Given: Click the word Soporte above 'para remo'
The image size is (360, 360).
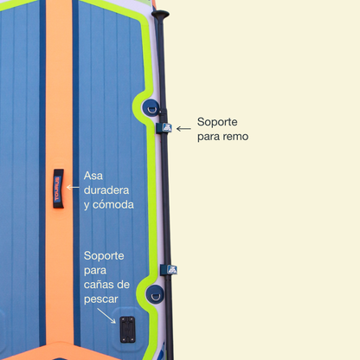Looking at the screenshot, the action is (217, 122).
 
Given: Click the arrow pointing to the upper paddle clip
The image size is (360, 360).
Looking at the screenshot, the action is (183, 129).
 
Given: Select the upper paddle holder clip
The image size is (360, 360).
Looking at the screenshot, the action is (164, 127).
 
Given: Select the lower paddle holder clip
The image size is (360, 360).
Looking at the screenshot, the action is (169, 270).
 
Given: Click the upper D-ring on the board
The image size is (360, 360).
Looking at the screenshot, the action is (151, 108).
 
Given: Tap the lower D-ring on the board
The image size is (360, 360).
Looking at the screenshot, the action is (155, 294).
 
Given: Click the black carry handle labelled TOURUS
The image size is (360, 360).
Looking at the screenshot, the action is (58, 189).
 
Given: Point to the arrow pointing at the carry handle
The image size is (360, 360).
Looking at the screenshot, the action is (73, 188).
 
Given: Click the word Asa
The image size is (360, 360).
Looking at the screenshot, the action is (93, 176).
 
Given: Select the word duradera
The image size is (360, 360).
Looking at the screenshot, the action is (106, 190).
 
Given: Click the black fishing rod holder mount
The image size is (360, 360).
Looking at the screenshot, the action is (127, 330).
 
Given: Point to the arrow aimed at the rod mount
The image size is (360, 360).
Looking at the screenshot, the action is (106, 316).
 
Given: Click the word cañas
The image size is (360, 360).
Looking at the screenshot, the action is (100, 285).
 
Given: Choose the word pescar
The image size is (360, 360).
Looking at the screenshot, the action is (101, 299).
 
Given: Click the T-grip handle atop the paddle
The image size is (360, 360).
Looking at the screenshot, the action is (160, 15).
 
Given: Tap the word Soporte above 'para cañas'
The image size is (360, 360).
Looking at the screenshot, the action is (104, 256).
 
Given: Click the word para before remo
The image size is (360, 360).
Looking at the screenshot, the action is (209, 137).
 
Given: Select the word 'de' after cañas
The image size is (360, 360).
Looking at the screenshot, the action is (124, 285).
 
